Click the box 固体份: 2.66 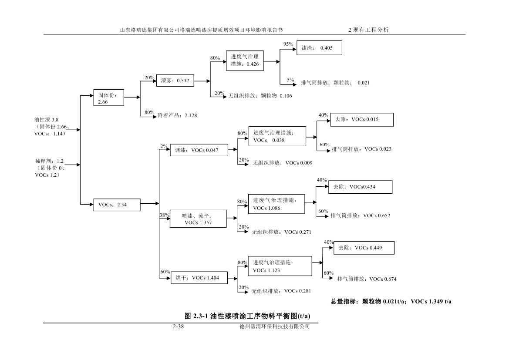pos(109,98)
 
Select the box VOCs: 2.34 pos(117,205)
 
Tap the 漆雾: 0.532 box pos(175,81)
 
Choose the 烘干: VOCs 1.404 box pos(199,278)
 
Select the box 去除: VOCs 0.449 pos(364,248)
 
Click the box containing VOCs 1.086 pos(276,204)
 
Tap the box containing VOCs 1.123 pos(280,266)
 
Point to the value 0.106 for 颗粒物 pos(287,95)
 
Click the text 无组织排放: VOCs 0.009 pos(282,163)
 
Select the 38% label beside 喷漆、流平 pos(164,215)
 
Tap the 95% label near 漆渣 pos(288,44)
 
